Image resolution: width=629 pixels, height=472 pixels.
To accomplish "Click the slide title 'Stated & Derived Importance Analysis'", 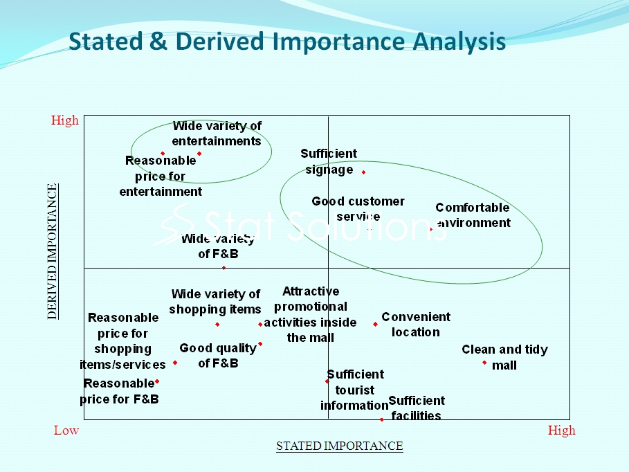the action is point(286,42).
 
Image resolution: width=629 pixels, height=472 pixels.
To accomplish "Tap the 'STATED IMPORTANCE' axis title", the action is point(339,446).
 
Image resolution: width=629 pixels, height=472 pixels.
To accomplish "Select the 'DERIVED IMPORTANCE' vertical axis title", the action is point(52,251).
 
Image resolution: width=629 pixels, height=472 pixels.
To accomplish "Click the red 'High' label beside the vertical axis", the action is point(64,120).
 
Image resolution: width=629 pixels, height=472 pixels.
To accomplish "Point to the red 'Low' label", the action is point(66,430).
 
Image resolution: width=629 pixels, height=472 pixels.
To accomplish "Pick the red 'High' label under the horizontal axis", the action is point(562,430).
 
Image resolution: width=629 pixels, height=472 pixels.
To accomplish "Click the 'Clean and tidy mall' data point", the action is point(484,363).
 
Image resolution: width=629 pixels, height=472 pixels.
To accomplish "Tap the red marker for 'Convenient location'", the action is point(376,324).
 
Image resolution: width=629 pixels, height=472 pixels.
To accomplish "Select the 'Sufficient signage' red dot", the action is point(363,172).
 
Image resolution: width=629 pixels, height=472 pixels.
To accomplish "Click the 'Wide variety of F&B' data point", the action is point(224,268).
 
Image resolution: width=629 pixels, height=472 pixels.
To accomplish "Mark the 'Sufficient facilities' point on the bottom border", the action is point(381,419).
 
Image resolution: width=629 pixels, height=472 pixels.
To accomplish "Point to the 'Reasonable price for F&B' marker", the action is point(157,381).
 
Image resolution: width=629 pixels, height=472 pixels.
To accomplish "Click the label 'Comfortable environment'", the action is point(473,215).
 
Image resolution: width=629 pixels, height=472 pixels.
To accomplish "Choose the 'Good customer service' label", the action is point(358,209).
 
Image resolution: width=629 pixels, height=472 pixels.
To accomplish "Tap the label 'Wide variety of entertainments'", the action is point(217,134).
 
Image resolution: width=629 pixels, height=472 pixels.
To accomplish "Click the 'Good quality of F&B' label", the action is point(218,355).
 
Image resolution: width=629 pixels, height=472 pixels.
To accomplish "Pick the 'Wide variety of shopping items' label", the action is point(215,302).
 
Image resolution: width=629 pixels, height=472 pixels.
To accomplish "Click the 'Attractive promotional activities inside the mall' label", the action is point(310,314).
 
